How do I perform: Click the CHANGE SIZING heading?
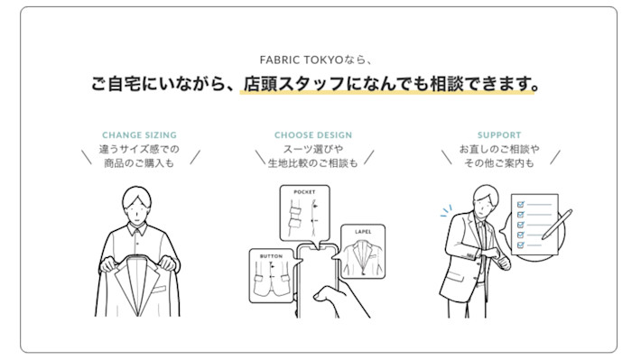click(139, 134)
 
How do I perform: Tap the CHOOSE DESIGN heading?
click(313, 134)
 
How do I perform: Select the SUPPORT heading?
click(499, 134)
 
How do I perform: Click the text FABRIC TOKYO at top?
click(302, 60)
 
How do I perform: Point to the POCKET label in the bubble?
click(304, 191)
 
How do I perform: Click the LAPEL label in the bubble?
click(363, 232)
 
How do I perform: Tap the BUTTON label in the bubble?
click(271, 256)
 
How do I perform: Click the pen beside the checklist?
click(557, 225)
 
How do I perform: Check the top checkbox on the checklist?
click(521, 204)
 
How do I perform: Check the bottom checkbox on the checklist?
click(521, 245)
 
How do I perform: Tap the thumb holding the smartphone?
click(325, 293)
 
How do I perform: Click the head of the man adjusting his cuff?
click(486, 200)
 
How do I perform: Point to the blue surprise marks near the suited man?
click(446, 210)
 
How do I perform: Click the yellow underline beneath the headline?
click(386, 93)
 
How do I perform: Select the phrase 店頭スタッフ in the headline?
click(294, 84)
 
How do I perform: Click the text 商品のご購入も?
click(139, 163)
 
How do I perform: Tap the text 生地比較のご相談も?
click(313, 163)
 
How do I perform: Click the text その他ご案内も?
click(499, 163)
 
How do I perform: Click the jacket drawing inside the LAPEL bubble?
click(363, 257)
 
